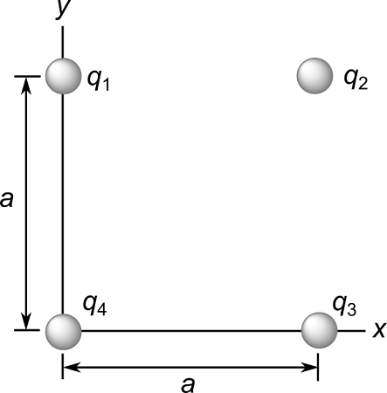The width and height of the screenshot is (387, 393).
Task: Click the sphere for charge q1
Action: tap(63, 76)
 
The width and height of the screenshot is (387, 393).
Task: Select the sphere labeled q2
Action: tap(314, 76)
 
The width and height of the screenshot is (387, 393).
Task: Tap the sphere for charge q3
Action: tap(319, 331)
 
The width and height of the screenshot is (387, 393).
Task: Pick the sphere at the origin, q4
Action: tap(63, 331)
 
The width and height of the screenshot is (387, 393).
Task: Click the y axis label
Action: tap(62, 8)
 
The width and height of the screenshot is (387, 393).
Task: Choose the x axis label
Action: tap(379, 330)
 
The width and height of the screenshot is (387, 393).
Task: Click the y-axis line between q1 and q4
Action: tap(63, 201)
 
